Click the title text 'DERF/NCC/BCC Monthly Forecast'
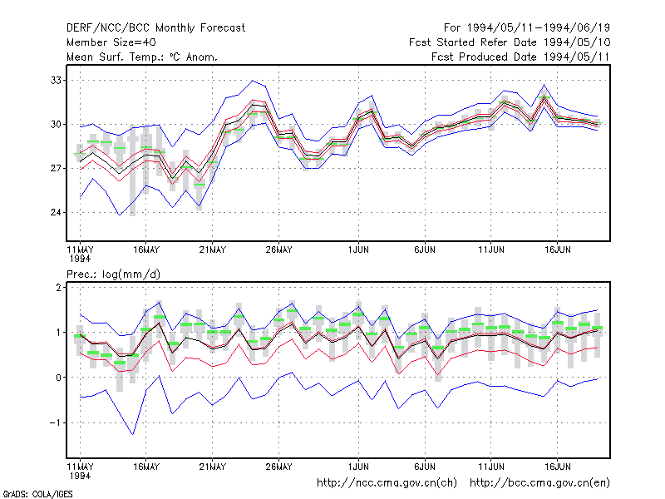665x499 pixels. pos(155,28)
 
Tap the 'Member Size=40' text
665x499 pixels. pos(111,42)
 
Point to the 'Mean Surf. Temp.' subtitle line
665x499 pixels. pos(141,57)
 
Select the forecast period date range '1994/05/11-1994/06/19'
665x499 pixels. pos(539,28)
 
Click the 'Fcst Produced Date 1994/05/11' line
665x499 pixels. pos(520,57)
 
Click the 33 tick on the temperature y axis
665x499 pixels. pos(56,80)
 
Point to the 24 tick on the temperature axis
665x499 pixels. pos(56,212)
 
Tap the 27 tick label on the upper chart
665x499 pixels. pos(56,169)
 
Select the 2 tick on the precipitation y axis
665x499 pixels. pos(58,288)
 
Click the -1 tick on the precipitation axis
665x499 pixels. pos(55,422)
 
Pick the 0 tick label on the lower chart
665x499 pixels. pos(58,378)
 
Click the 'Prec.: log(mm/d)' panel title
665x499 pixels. pos(113,274)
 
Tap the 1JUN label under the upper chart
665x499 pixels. pos(358,249)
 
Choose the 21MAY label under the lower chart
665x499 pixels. pos(213,467)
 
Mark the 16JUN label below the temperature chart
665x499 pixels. pos(557,249)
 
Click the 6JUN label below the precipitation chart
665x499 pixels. pos(425,467)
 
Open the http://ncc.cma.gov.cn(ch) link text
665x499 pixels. pos(387,483)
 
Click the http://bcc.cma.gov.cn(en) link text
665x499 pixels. pos(539,483)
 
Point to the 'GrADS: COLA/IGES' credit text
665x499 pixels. pos(37,494)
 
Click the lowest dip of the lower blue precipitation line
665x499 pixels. pos(133,434)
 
